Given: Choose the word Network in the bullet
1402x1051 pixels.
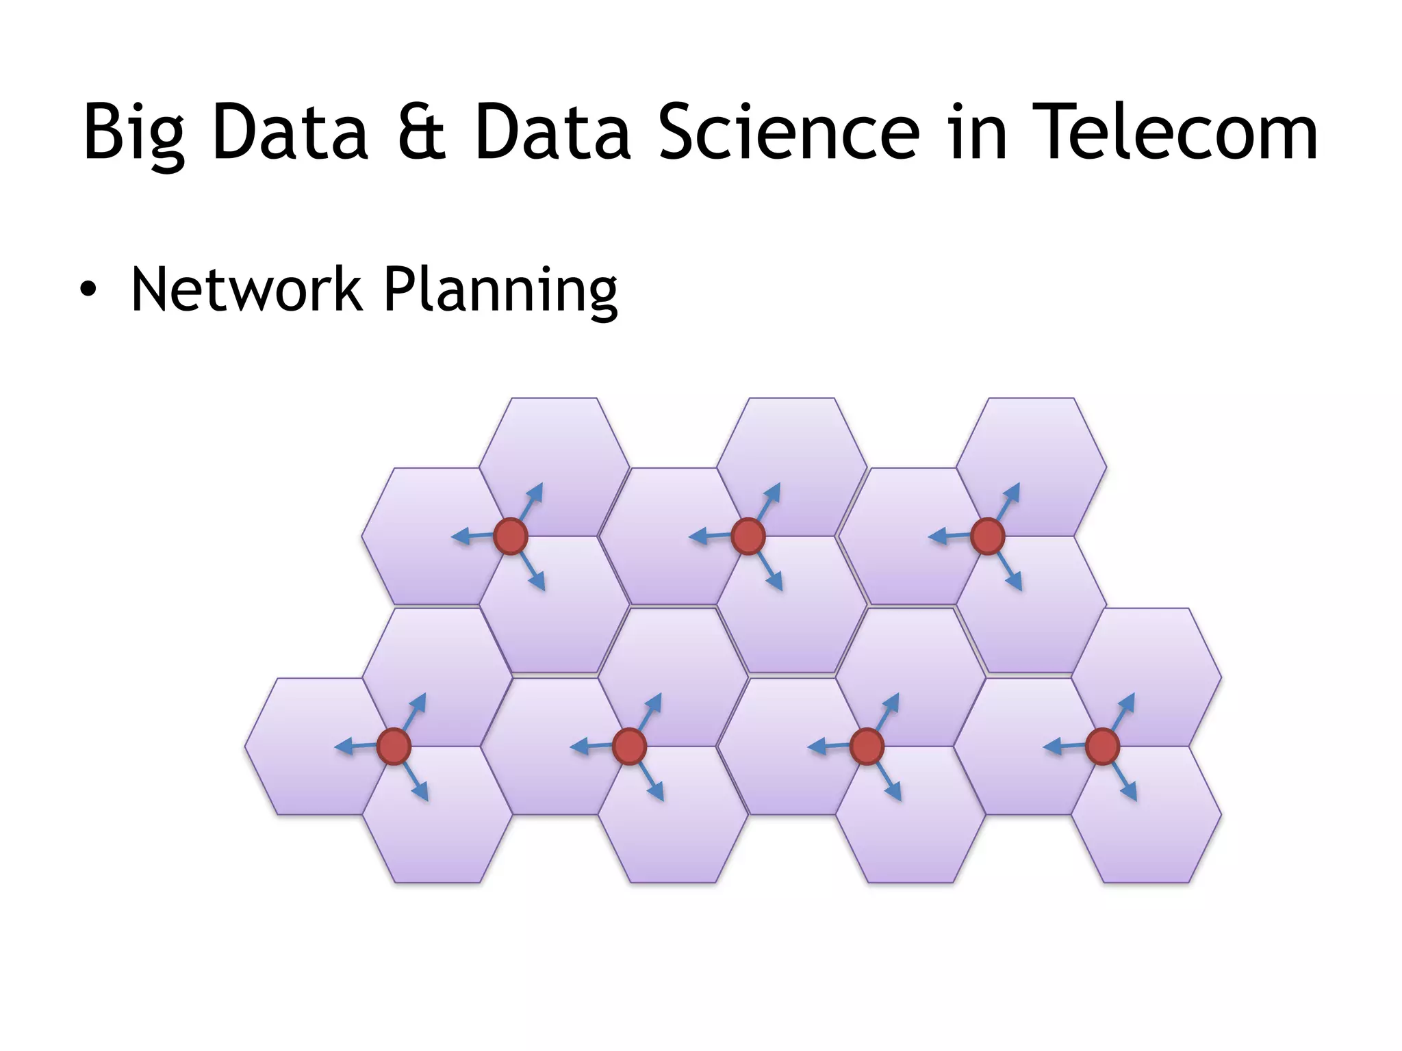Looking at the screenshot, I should point(246,290).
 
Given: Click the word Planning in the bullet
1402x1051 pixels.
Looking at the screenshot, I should point(500,290).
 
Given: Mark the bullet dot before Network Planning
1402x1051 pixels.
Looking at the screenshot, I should point(88,291).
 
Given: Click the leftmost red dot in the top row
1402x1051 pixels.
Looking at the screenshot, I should point(511,536).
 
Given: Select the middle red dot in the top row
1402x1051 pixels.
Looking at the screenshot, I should point(748,536).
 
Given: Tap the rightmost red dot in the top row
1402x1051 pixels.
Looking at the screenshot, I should point(987,536).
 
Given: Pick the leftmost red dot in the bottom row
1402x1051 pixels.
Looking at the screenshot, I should point(394,746).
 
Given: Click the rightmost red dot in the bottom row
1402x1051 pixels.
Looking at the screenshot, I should point(1102,746).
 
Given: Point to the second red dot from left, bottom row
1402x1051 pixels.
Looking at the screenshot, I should point(630,746).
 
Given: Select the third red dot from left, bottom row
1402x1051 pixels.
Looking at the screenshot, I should point(867,746).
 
